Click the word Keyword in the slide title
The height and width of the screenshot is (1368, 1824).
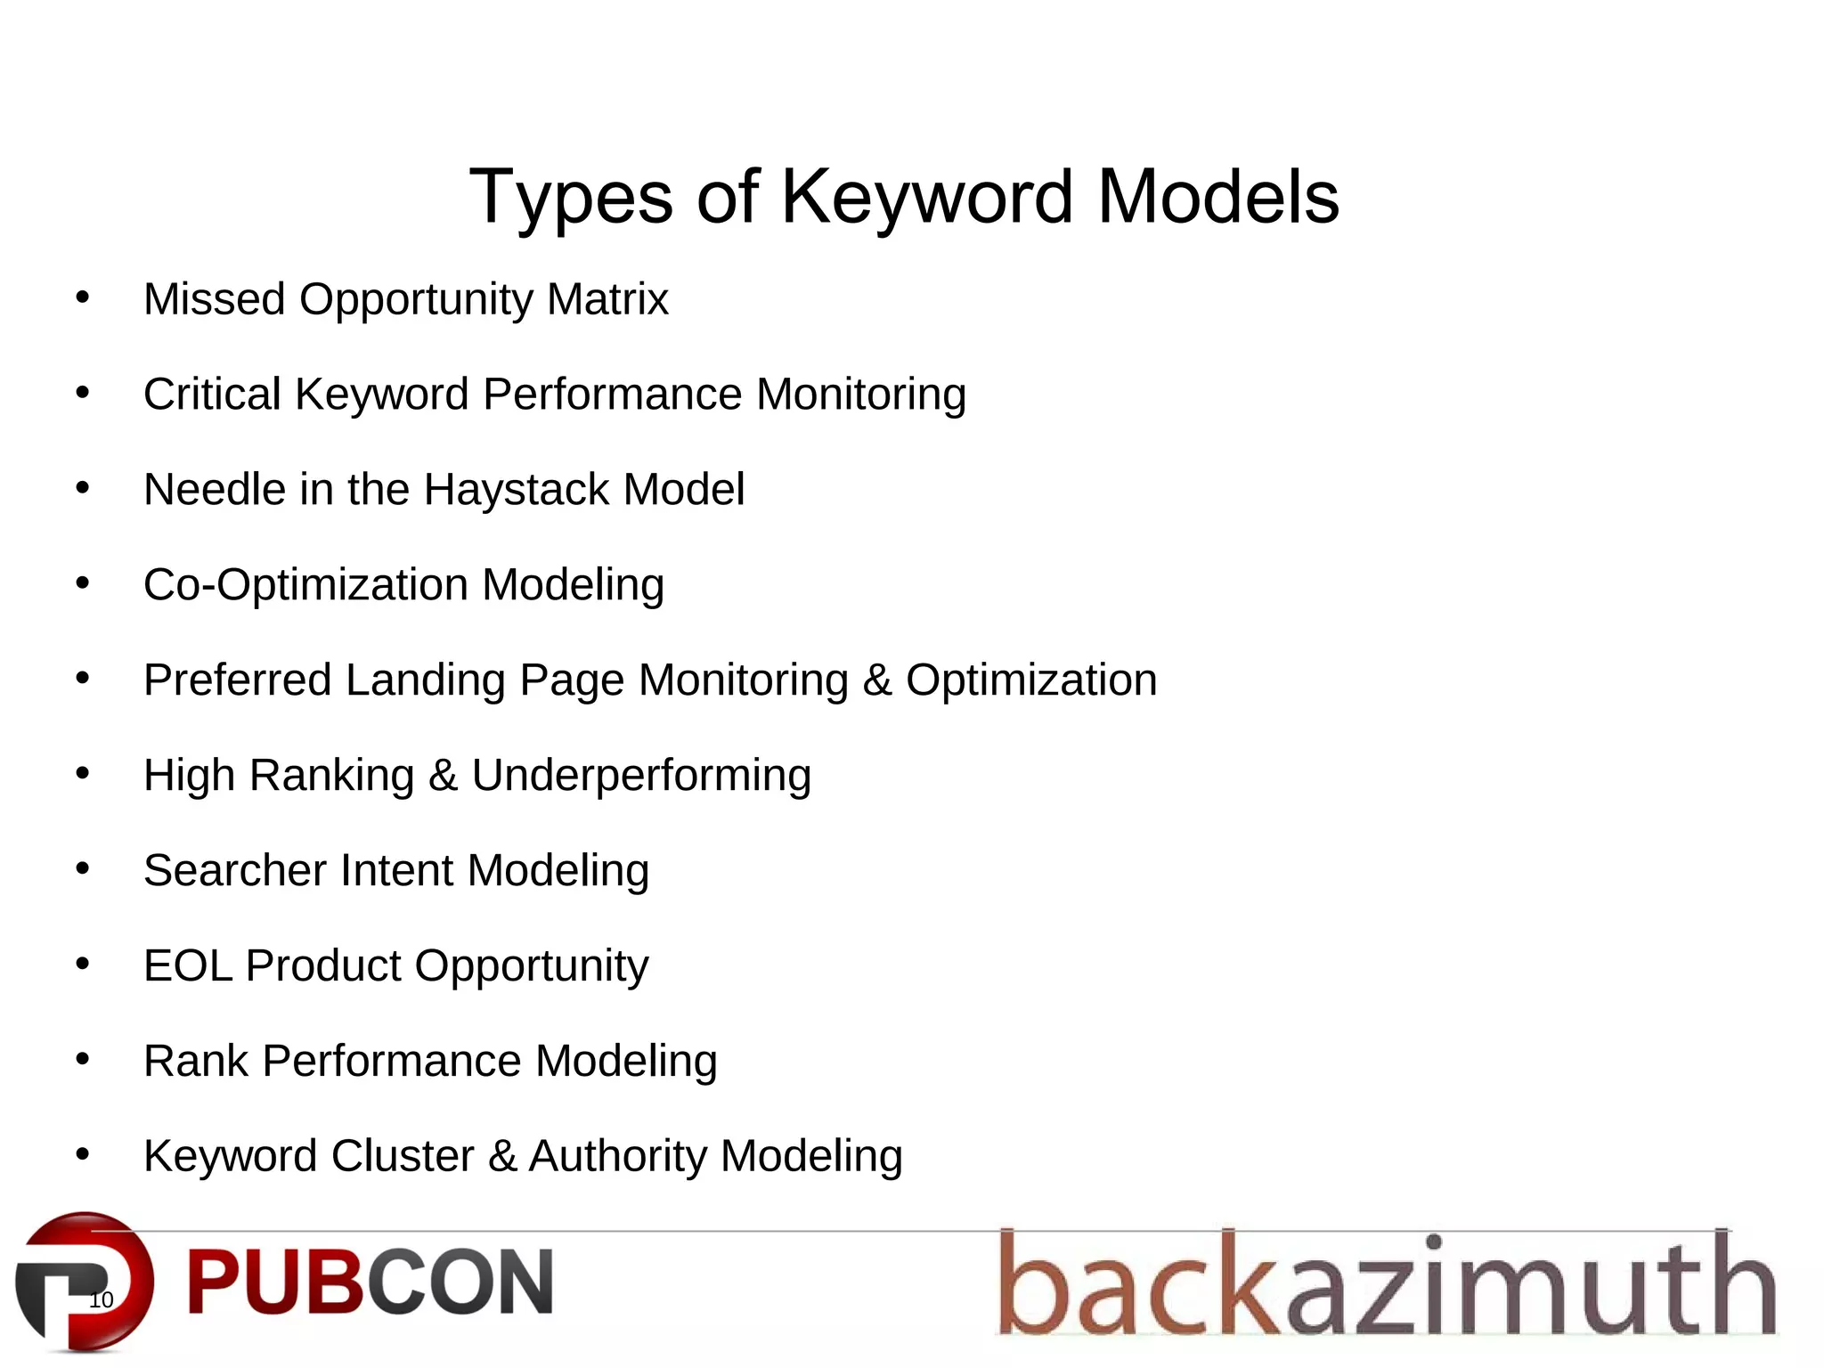(x=926, y=197)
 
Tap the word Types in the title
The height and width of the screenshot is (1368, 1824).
(x=571, y=197)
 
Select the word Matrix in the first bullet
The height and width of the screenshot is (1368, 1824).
(x=607, y=299)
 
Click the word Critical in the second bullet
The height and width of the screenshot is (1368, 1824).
(x=212, y=395)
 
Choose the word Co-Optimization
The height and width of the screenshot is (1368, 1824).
(x=305, y=585)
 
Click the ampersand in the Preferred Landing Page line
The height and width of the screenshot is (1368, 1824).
(x=877, y=680)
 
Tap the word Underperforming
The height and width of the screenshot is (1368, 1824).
(x=641, y=776)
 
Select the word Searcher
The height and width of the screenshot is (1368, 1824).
(x=235, y=870)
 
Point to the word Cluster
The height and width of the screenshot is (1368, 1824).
(x=403, y=1156)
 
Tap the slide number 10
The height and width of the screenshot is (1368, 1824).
(x=102, y=1299)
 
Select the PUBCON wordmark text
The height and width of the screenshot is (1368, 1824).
(x=370, y=1282)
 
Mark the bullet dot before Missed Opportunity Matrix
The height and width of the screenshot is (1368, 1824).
(x=83, y=298)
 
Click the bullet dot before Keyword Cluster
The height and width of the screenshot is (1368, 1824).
(x=83, y=1155)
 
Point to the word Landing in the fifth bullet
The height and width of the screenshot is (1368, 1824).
(x=425, y=680)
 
